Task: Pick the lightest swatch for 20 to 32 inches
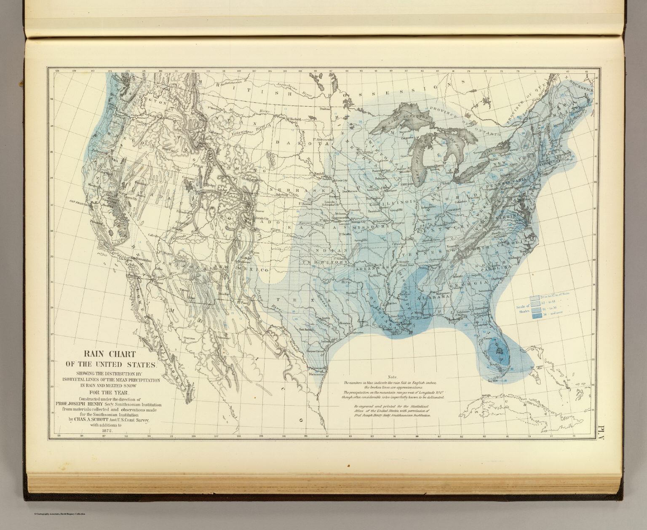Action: point(535,298)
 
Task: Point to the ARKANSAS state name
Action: point(370,268)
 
